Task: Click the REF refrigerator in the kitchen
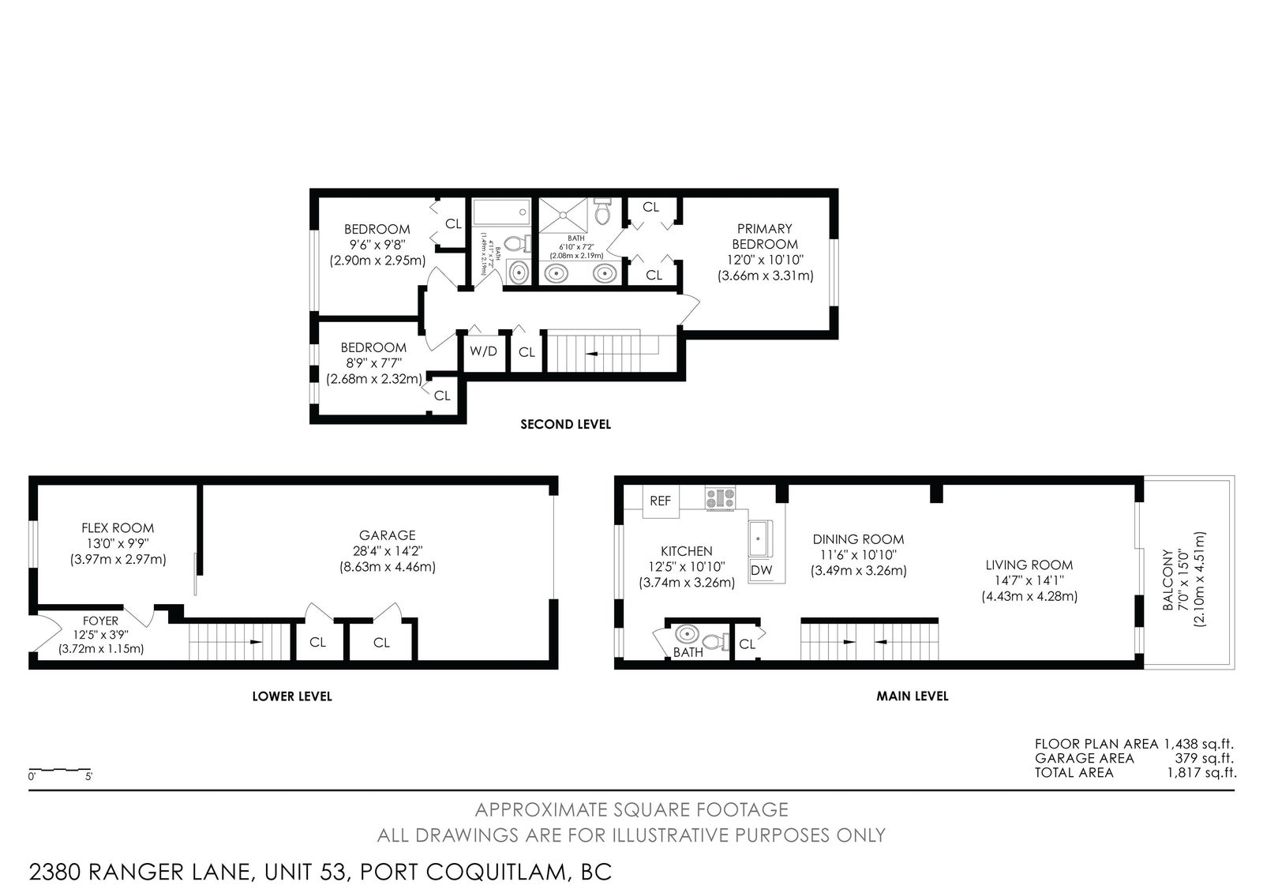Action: point(660,501)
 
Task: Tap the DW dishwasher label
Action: point(761,570)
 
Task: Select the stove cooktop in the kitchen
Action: point(720,498)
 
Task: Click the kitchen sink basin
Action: point(760,538)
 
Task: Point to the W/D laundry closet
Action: point(484,351)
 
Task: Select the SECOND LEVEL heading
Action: point(565,424)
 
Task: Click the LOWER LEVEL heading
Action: point(292,696)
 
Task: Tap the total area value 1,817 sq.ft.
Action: point(1201,773)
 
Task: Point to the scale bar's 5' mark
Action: point(88,776)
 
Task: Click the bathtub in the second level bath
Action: point(501,212)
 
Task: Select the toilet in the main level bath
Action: point(715,641)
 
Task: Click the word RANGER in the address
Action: point(170,872)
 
